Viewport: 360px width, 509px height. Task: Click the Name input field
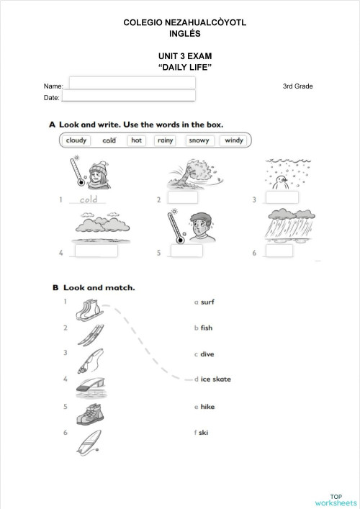[132, 83]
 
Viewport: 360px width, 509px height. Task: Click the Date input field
[129, 96]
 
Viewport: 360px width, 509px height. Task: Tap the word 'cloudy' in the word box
[76, 141]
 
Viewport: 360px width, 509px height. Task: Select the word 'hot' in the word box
[137, 141]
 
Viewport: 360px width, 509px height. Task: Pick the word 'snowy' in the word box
[199, 141]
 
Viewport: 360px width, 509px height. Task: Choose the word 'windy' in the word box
[234, 141]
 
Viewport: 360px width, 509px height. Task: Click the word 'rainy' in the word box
[166, 141]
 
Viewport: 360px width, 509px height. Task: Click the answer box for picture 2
[181, 198]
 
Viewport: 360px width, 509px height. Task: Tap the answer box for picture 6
[279, 251]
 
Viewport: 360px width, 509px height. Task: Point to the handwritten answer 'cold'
[89, 199]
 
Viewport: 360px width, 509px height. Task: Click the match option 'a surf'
[204, 302]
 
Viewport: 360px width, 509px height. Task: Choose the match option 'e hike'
[204, 407]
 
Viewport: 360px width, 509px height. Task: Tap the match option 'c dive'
[204, 354]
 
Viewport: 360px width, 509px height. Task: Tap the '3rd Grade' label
[297, 86]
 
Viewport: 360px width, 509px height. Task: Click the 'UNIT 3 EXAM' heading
[185, 55]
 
